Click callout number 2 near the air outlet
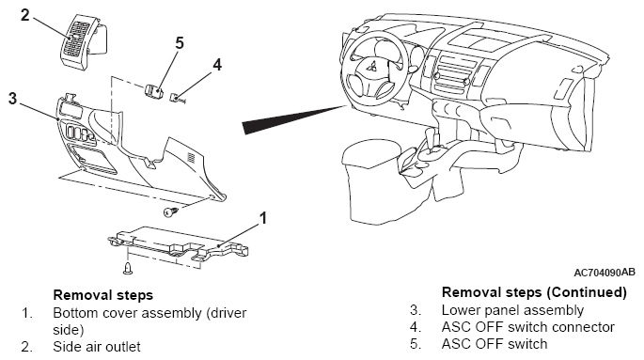(25, 15)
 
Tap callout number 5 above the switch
(180, 42)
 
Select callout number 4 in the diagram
(217, 65)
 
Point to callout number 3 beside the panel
(13, 99)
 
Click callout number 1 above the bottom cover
(263, 218)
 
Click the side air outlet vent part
(84, 39)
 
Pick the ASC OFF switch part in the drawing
(152, 89)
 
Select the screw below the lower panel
(170, 211)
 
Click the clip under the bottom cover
(128, 267)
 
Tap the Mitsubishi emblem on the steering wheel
(373, 66)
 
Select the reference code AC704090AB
(605, 273)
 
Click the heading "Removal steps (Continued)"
(534, 292)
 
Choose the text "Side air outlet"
(97, 347)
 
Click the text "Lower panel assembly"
(512, 310)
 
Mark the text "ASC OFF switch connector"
(528, 327)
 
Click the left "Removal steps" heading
(103, 295)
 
